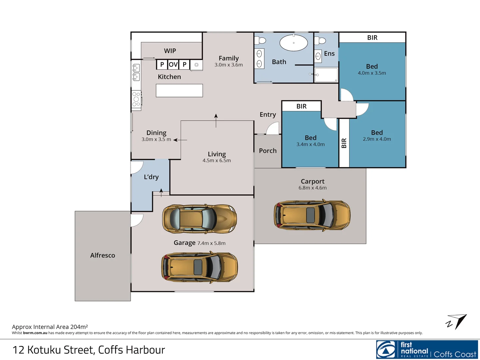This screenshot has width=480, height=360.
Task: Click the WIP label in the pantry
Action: tap(170, 51)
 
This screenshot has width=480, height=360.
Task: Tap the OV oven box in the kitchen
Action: tap(173, 64)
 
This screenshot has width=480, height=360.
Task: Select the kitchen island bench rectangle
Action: tap(179, 90)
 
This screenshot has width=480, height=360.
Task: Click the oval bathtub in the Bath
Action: tap(293, 43)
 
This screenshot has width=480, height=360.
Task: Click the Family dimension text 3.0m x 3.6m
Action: tap(229, 65)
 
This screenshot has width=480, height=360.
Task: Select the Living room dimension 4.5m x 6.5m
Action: tap(217, 161)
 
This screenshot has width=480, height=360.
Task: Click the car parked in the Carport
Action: tap(312, 215)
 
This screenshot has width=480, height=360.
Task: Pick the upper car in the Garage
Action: tap(199, 219)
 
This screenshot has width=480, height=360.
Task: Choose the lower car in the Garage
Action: tap(199, 267)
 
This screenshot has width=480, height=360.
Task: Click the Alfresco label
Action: tap(103, 255)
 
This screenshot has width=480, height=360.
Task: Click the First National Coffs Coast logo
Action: tap(427, 349)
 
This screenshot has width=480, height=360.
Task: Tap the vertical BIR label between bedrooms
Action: tap(344, 143)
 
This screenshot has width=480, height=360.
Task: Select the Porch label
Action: tap(268, 151)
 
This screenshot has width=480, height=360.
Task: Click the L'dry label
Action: tap(151, 177)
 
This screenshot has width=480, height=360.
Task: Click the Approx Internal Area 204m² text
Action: tap(50, 327)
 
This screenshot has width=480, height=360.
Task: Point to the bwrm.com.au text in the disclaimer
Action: tap(35, 333)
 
